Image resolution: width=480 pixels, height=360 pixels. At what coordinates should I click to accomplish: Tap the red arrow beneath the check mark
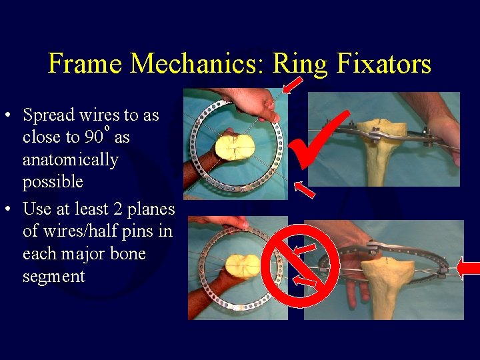coord(304,189)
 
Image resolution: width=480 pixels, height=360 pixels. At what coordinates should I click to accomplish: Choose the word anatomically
coord(70,160)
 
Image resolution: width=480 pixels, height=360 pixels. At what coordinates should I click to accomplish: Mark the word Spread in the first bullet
coord(49,115)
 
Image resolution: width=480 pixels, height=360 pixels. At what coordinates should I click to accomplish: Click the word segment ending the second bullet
coord(53,277)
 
